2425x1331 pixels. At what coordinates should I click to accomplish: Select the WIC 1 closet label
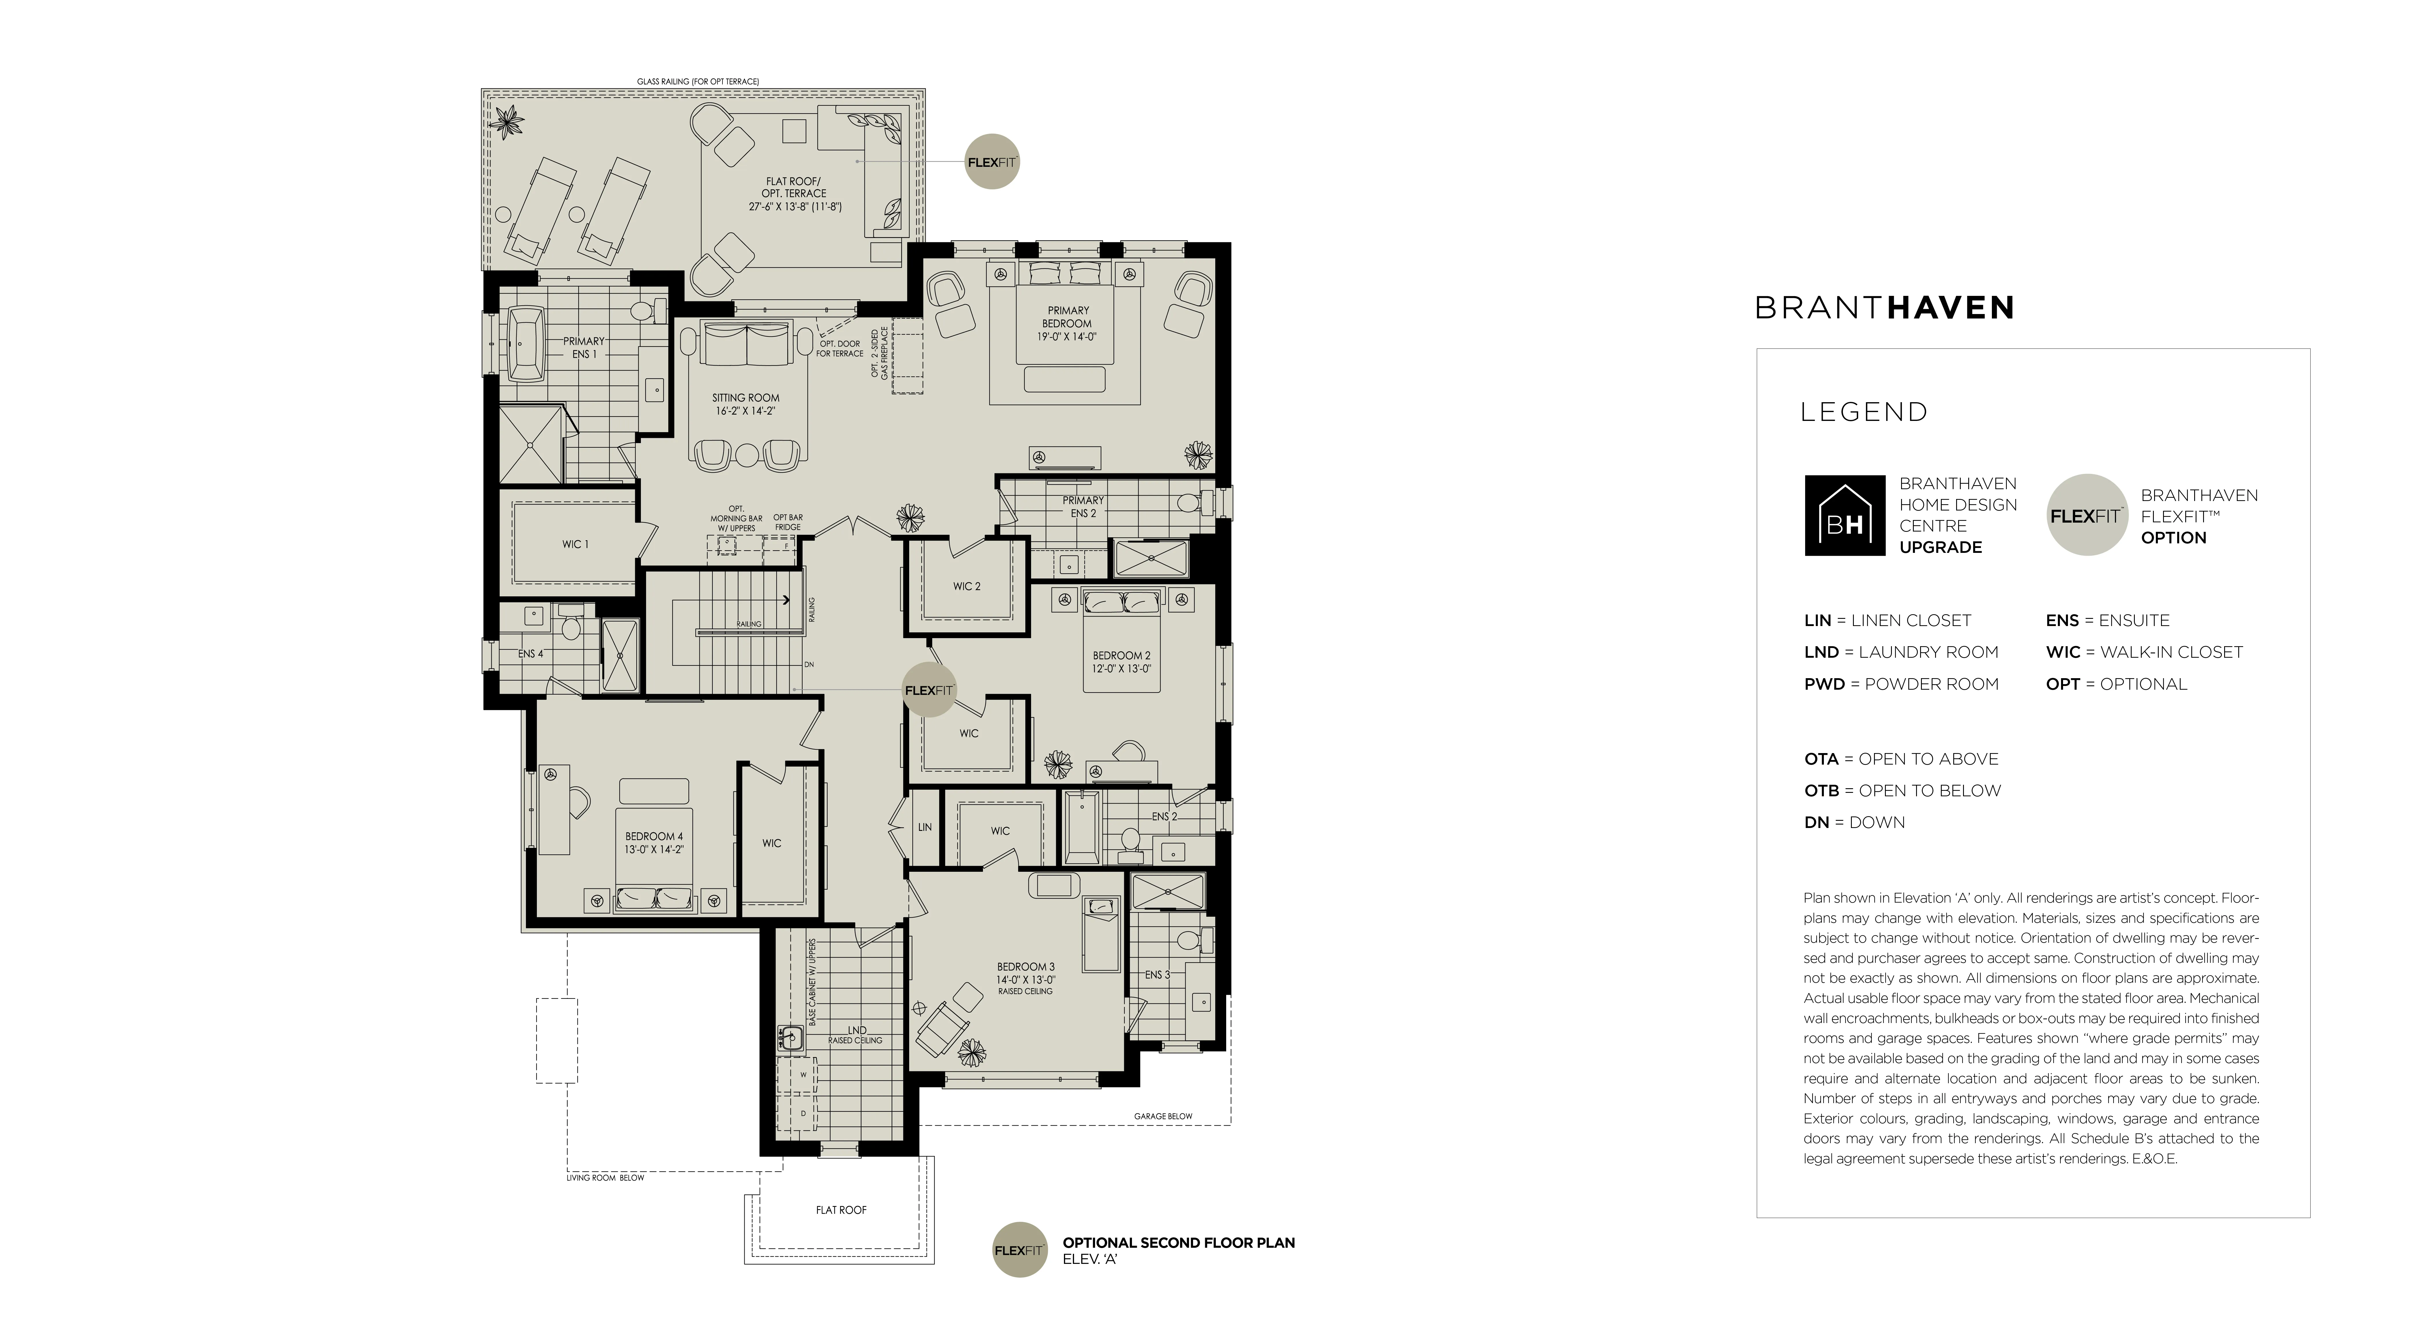575,544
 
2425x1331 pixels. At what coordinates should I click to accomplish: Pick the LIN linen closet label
924,827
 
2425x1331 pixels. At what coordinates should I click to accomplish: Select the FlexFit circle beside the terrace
992,162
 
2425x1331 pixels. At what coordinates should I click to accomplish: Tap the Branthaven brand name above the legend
1884,308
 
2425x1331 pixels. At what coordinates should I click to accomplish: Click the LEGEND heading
1864,412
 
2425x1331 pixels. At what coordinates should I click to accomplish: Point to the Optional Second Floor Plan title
1179,1243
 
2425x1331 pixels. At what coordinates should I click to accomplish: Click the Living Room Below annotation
605,1177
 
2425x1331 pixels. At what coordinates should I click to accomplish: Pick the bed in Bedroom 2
1121,640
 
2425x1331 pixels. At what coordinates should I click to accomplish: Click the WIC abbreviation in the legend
2062,652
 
